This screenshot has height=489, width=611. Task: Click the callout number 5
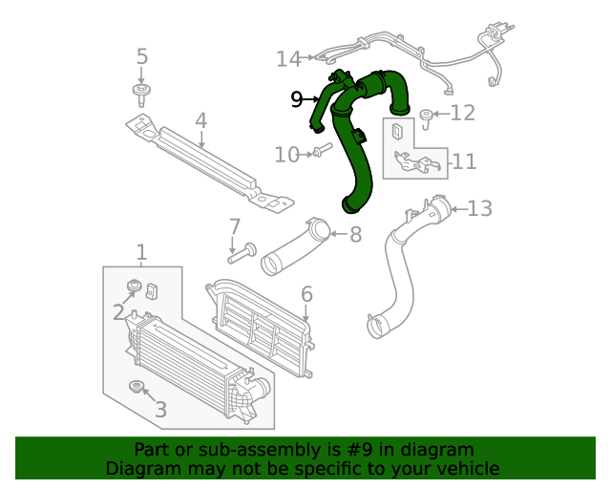(x=142, y=56)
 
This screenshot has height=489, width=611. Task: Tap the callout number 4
(x=200, y=120)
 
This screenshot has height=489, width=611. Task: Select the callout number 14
(x=288, y=59)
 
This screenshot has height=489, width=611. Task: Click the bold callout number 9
(x=297, y=98)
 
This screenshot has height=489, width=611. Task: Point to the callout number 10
(x=286, y=154)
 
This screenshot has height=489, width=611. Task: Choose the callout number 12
(x=462, y=114)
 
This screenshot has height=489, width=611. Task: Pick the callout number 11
(x=464, y=161)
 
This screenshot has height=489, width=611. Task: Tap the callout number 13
(x=479, y=207)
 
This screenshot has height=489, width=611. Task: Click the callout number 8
(x=355, y=234)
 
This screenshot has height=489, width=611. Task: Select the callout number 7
(x=234, y=227)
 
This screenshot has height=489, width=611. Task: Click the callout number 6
(x=306, y=293)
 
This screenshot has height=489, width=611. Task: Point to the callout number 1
(x=141, y=252)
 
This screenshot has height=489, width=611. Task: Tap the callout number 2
(x=118, y=311)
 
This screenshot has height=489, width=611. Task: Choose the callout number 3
(x=160, y=410)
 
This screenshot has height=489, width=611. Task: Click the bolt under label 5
(x=142, y=94)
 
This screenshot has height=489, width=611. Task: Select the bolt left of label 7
(x=241, y=253)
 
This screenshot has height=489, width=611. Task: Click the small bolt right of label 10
(x=321, y=150)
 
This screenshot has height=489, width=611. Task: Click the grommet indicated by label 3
(x=137, y=386)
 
